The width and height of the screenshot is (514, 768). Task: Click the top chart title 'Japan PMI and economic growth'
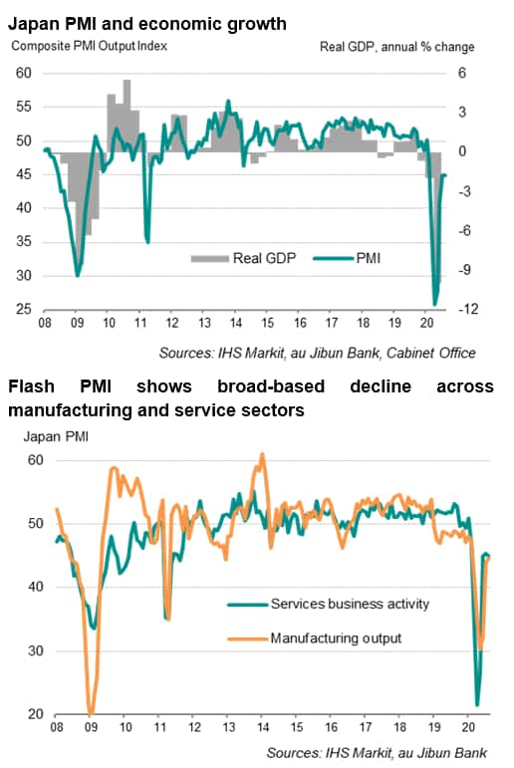(x=147, y=24)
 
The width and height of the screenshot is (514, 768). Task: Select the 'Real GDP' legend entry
(x=243, y=258)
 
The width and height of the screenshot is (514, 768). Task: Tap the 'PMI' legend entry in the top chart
(x=347, y=258)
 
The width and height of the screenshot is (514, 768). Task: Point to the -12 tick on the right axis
(x=468, y=309)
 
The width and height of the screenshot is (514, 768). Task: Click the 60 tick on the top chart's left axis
(x=24, y=73)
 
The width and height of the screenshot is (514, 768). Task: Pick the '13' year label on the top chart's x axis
(x=204, y=323)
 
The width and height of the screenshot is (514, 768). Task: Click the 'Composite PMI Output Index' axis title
(x=90, y=46)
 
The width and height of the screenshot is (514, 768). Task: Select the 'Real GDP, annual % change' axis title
(x=396, y=47)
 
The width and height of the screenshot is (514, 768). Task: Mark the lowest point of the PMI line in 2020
(x=434, y=305)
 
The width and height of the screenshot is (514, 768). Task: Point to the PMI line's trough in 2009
(x=77, y=276)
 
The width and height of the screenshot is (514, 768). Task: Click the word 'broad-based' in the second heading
(x=271, y=385)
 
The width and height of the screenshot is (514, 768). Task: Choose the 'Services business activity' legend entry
(x=329, y=604)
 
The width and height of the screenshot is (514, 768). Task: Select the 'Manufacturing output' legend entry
(x=315, y=639)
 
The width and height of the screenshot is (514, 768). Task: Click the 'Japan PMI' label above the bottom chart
(x=56, y=436)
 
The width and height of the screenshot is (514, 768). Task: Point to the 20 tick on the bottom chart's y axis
(x=35, y=713)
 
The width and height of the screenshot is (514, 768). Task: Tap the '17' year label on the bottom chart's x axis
(x=365, y=727)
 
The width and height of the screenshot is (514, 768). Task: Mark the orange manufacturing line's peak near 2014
(x=262, y=454)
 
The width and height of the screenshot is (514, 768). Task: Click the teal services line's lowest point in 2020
(x=477, y=705)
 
